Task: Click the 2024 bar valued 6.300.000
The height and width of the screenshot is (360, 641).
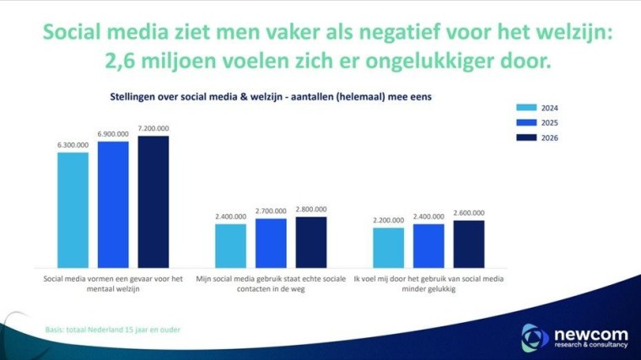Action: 73,207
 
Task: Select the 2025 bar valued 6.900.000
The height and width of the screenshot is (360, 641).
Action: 113,202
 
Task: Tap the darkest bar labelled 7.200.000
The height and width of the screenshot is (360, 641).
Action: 154,199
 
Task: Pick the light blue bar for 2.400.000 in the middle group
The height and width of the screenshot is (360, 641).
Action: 230,244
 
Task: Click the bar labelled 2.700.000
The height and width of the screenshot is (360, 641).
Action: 271,241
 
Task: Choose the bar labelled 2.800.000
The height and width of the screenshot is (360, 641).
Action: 310,240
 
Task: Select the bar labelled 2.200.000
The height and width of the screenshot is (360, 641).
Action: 389,245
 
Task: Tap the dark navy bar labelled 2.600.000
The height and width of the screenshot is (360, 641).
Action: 469,242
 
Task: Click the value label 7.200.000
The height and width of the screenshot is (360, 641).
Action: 154,129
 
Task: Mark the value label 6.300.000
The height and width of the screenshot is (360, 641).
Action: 73,145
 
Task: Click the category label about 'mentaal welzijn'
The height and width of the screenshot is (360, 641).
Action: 113,282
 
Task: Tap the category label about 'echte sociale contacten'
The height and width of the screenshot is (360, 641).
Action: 271,282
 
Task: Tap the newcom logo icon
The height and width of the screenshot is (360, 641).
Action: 535,335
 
